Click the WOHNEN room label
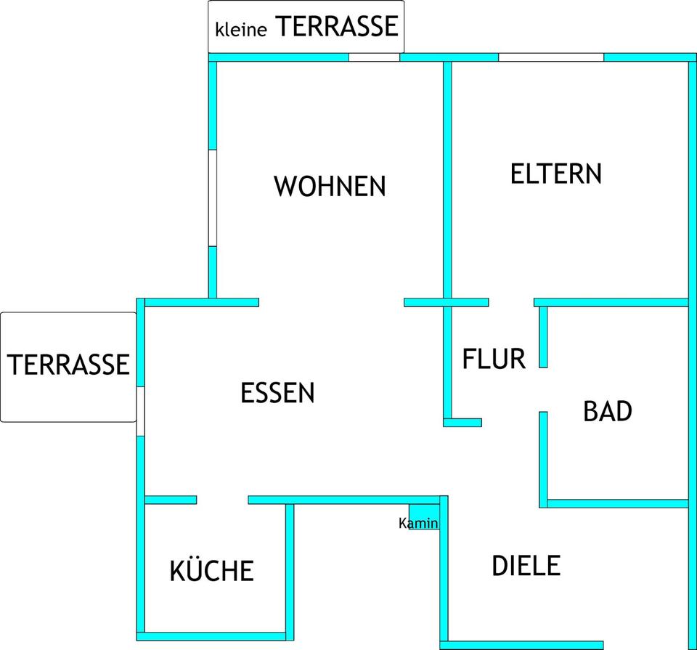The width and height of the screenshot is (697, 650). pyautogui.click(x=330, y=187)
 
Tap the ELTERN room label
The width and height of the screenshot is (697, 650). pyautogui.click(x=556, y=174)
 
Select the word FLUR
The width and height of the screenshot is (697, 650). pyautogui.click(x=494, y=359)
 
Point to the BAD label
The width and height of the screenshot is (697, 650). pyautogui.click(x=608, y=412)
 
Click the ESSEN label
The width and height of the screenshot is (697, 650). pyautogui.click(x=277, y=394)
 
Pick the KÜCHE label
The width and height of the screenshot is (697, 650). pyautogui.click(x=212, y=571)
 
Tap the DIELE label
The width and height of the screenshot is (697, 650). pyautogui.click(x=526, y=566)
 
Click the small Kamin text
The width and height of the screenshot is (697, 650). pyautogui.click(x=419, y=523)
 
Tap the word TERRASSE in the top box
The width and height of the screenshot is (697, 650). pyautogui.click(x=337, y=27)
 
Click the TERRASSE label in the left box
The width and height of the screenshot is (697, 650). pyautogui.click(x=69, y=364)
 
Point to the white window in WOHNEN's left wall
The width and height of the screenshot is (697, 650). pyautogui.click(x=213, y=198)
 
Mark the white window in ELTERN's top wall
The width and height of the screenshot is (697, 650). pyautogui.click(x=551, y=57)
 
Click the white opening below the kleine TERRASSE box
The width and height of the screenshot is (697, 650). pyautogui.click(x=374, y=57)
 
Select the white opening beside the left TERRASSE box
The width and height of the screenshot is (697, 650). pyautogui.click(x=140, y=411)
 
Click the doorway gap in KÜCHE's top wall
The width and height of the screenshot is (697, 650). pyautogui.click(x=222, y=500)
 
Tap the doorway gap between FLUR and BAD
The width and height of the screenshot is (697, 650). pyautogui.click(x=543, y=389)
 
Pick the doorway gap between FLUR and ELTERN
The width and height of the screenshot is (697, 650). pyautogui.click(x=511, y=302)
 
